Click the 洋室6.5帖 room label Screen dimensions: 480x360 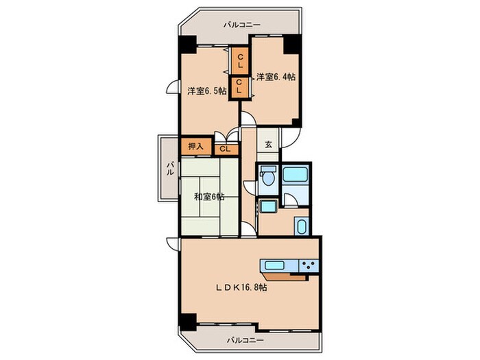coord(207,91)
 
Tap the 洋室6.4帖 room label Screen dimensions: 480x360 coord(276,77)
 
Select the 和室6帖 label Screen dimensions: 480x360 coord(209,197)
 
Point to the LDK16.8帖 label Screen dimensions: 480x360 coord(241,287)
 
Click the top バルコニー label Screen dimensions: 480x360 coord(242,25)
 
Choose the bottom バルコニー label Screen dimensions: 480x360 coord(245,340)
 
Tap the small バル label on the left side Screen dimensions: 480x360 coord(170,169)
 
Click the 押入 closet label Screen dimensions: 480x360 coord(195,146)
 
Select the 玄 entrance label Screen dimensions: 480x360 coord(268,144)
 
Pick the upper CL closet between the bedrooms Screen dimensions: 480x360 coord(240,61)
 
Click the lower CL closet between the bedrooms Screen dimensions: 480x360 coord(239,86)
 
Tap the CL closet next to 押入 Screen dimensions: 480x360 coord(226,149)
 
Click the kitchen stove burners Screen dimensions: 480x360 coord(309,265)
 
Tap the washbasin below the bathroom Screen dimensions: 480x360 coord(302,226)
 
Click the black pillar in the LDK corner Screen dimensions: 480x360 coord(188,322)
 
